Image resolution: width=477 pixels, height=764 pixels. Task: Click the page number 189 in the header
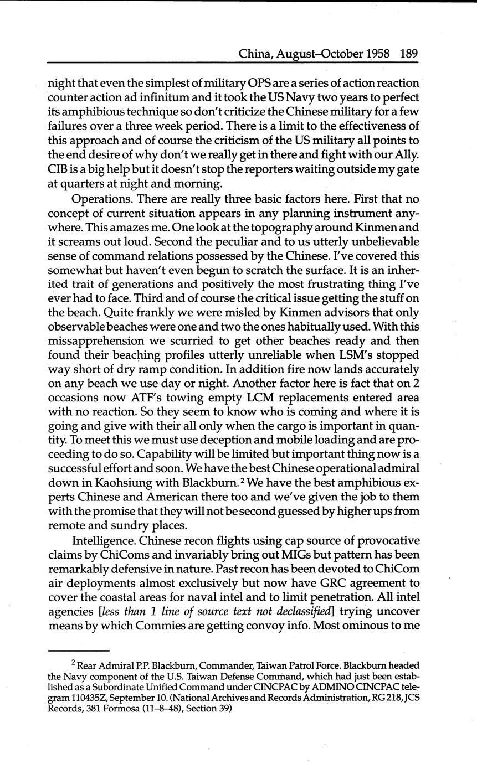pos(408,54)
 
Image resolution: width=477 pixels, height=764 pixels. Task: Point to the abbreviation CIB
pos(58,169)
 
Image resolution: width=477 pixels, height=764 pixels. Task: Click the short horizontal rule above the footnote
pos(79,651)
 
